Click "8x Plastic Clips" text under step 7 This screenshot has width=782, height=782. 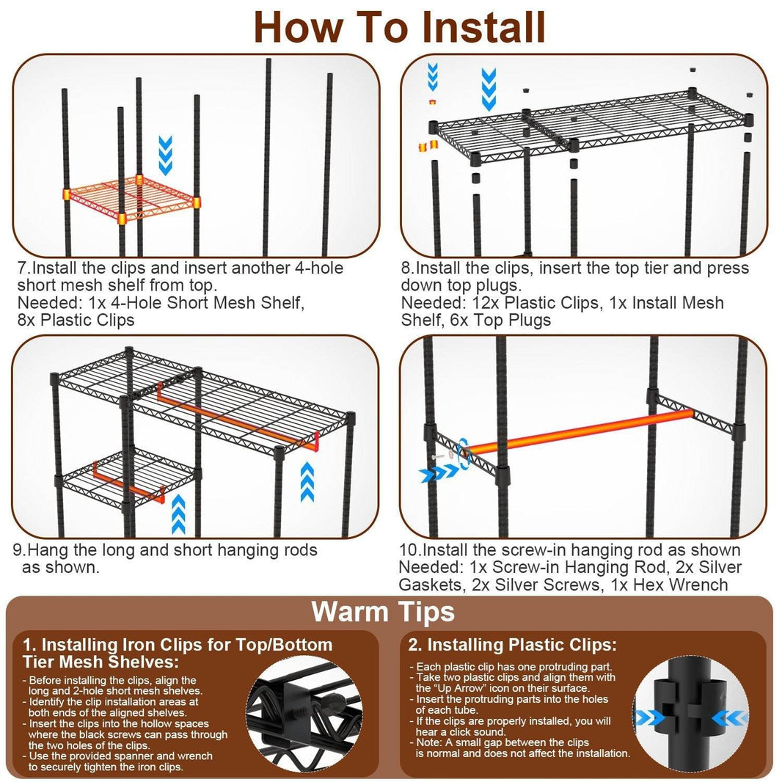tap(76, 319)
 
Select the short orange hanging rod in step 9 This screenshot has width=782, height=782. tap(128, 484)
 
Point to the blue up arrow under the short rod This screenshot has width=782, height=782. tap(178, 514)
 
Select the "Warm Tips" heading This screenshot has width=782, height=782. tap(383, 611)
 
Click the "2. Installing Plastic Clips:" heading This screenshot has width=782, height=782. tap(512, 645)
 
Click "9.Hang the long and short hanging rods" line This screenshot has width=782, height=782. tap(166, 549)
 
